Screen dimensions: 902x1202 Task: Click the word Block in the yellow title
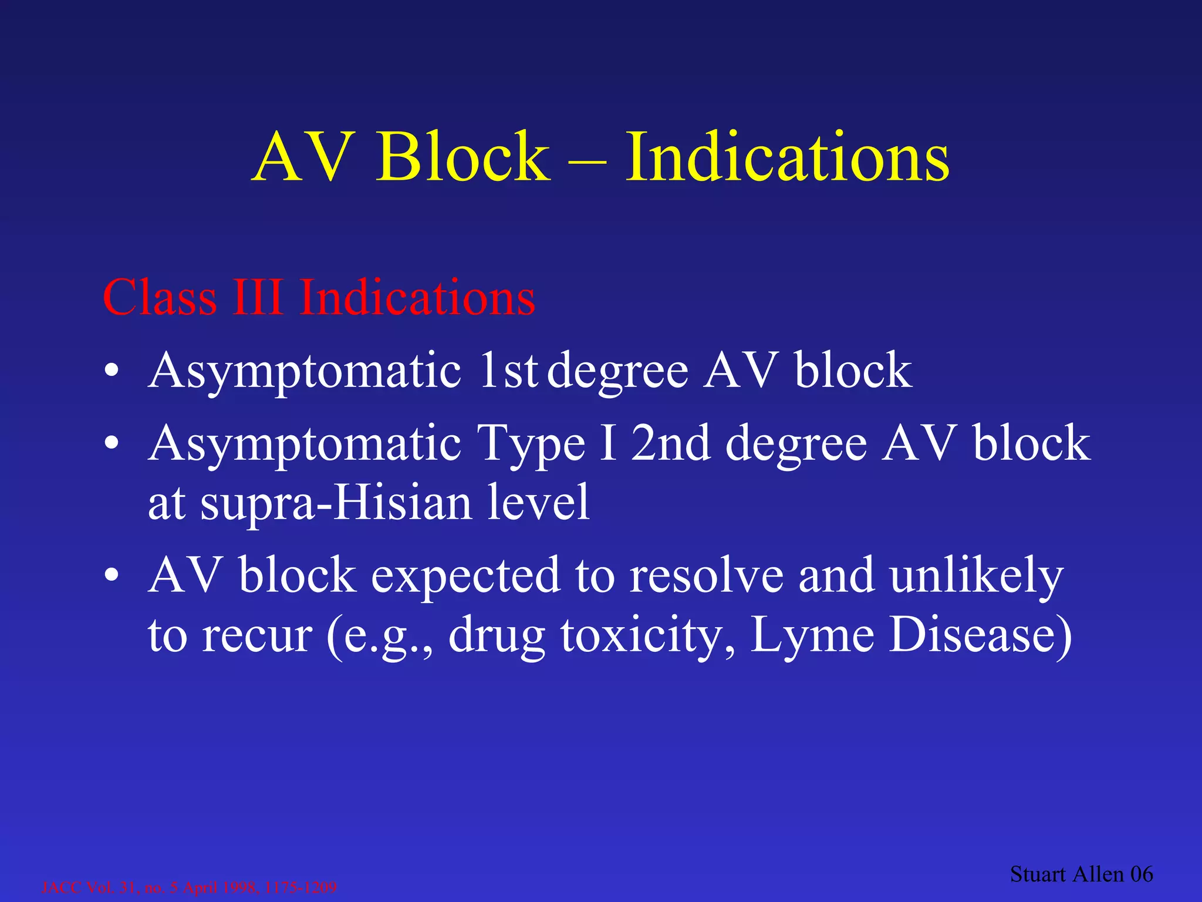463,157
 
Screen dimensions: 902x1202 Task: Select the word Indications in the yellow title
787,157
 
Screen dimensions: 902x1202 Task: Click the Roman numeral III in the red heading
257,298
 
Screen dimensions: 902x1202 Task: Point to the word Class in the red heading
160,298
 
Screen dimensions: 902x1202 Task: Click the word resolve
707,575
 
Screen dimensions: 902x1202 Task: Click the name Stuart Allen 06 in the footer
1081,874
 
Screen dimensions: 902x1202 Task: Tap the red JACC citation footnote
189,887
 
